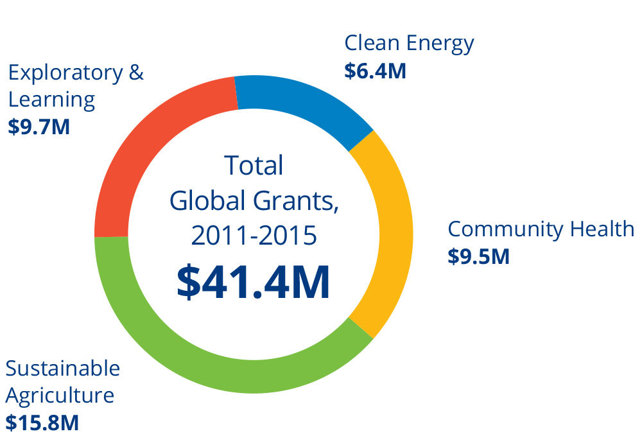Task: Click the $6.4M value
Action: [375, 71]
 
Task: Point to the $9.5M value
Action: [478, 257]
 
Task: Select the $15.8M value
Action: [42, 423]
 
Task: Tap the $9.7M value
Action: [39, 126]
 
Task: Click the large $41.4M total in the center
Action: [254, 283]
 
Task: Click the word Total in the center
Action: [254, 166]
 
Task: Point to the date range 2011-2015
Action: [254, 236]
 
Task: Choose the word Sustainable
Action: [63, 369]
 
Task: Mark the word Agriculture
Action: [60, 396]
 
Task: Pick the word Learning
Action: [51, 100]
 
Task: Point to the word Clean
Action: [373, 44]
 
